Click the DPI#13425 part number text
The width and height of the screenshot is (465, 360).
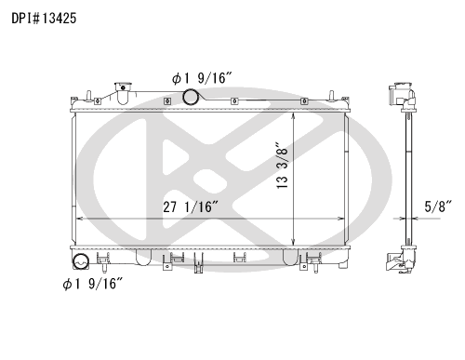click(x=44, y=19)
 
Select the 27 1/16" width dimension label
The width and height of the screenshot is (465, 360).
click(x=191, y=207)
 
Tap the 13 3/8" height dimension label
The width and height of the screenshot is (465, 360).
click(x=282, y=166)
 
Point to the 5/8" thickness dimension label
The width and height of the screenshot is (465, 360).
click(x=438, y=207)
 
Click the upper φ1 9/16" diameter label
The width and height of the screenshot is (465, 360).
click(x=202, y=78)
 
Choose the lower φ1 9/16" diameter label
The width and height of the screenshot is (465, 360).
click(x=93, y=284)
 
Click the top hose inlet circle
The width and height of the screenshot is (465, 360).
click(x=191, y=97)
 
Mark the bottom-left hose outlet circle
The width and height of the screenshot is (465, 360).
click(x=81, y=261)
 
